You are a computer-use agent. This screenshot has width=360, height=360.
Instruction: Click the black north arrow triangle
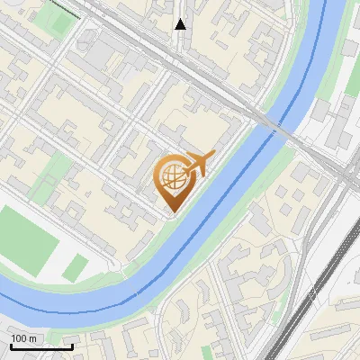click(180, 23)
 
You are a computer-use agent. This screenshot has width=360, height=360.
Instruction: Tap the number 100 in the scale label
click(20, 338)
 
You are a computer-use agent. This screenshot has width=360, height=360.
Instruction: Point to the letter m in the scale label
click(33, 338)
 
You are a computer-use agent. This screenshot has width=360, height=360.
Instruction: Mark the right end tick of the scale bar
click(71, 346)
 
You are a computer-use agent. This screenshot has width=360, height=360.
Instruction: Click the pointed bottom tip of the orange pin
click(171, 213)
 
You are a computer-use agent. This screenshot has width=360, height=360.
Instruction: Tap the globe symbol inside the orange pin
click(171, 177)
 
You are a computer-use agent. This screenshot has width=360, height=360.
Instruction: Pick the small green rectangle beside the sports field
click(76, 266)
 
